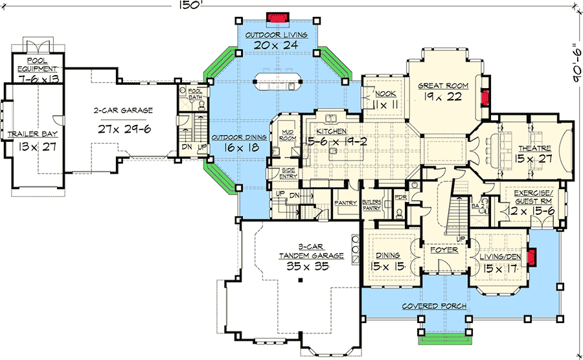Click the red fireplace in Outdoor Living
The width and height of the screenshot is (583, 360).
point(279,16)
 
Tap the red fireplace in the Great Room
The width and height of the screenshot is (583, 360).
point(483,98)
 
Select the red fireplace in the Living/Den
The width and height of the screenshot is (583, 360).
point(532,258)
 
